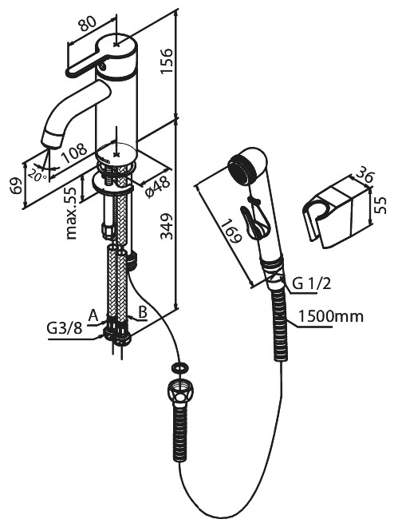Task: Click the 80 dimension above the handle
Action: [87, 24]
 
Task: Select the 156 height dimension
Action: [166, 61]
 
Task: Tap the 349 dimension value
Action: [167, 226]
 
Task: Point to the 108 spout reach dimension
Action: [74, 153]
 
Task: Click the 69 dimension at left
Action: [16, 185]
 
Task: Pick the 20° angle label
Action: [37, 175]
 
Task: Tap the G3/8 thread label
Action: [64, 328]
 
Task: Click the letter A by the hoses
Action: [93, 315]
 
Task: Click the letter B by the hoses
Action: [143, 312]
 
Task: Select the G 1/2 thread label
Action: [312, 284]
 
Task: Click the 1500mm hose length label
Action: [330, 316]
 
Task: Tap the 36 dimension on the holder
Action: [363, 175]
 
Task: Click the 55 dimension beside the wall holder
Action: [380, 205]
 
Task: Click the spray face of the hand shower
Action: [243, 167]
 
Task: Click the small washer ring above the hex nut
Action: [179, 367]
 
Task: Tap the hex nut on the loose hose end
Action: [179, 394]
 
